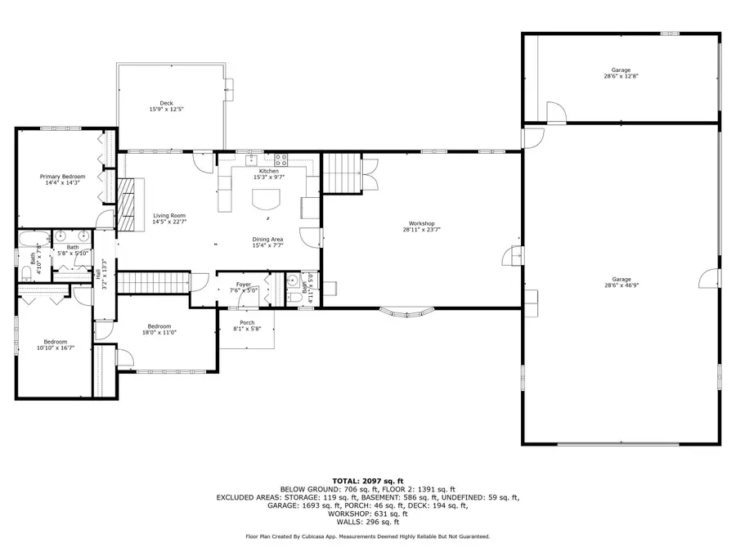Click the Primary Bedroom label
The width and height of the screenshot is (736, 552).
click(63, 177)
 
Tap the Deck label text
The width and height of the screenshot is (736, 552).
click(166, 103)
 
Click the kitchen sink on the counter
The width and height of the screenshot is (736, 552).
click(252, 159)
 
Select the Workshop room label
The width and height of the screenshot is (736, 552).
click(421, 223)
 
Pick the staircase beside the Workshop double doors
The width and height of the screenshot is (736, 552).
click(342, 173)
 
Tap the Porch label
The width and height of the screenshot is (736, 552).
click(247, 322)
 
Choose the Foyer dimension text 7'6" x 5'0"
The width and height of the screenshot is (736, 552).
click(244, 290)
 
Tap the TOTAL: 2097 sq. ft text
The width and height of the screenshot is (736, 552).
click(367, 480)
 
